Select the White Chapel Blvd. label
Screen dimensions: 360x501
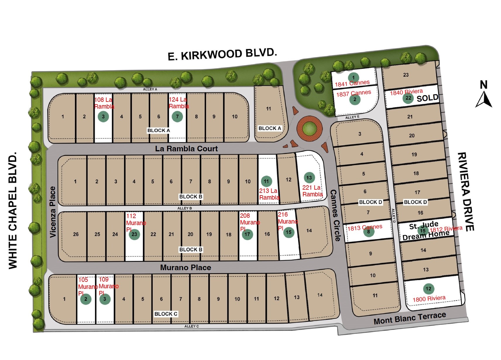coord(13,210)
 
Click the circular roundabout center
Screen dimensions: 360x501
coord(309,128)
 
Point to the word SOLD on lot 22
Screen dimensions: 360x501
coord(427,98)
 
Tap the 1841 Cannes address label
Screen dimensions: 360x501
coord(352,83)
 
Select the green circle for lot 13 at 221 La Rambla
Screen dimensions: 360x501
coord(309,177)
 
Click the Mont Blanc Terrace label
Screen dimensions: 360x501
coord(410,318)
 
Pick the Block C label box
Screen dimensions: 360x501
coord(166,314)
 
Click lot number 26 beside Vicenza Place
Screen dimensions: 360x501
coord(76,234)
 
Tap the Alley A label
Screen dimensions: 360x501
coord(150,89)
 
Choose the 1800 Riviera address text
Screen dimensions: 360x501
coord(429,299)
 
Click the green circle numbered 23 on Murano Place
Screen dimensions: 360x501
coord(134,234)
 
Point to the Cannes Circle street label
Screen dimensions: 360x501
coord(335,215)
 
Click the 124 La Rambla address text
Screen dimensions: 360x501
coord(179,103)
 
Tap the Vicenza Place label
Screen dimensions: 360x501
coord(53,212)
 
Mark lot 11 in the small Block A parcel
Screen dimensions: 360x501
coord(268,109)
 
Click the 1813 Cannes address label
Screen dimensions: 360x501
coord(365,227)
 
